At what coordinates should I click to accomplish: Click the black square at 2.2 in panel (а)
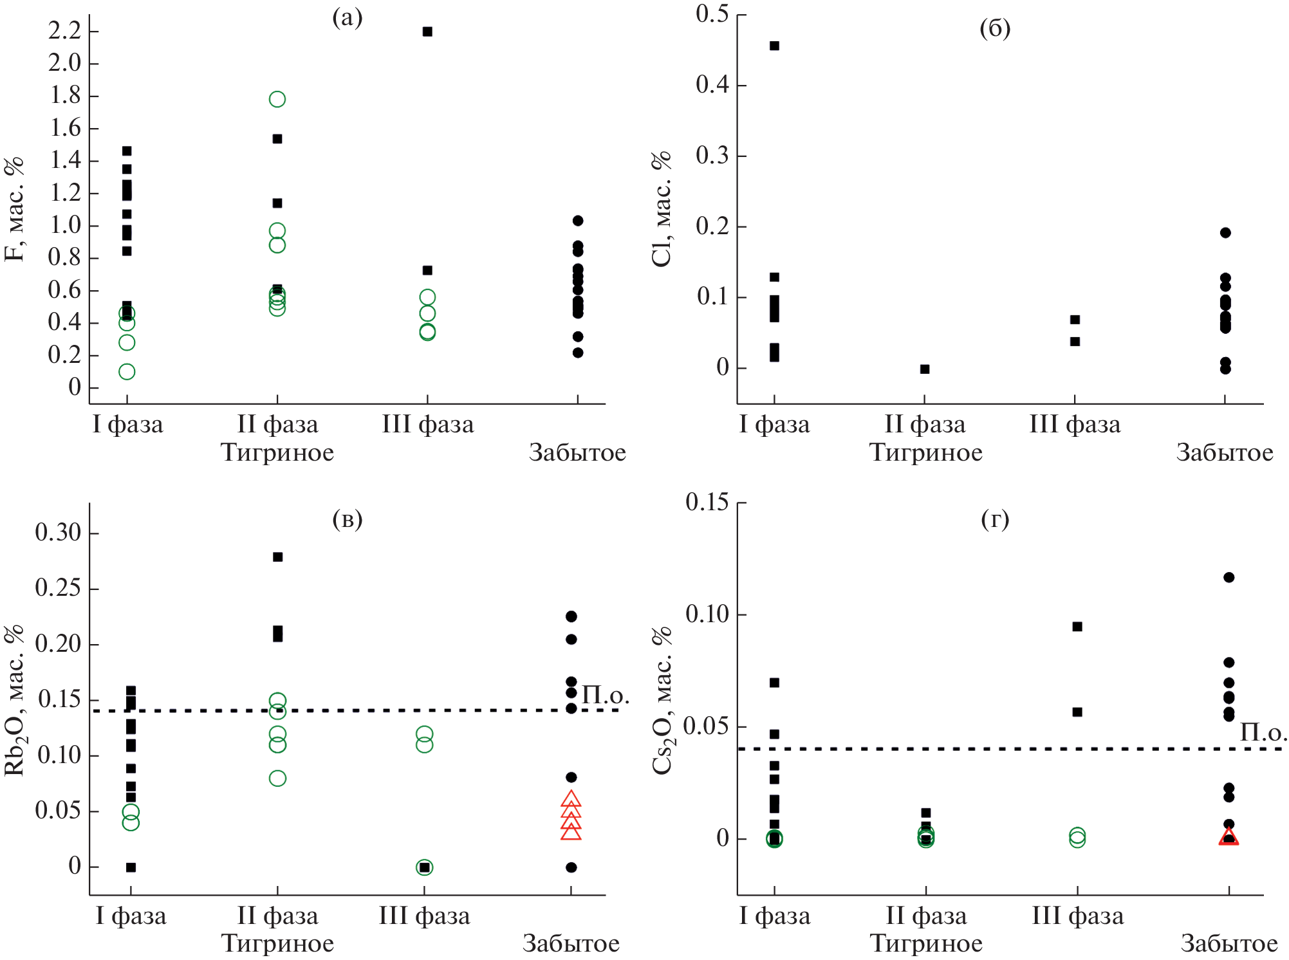[x=427, y=32]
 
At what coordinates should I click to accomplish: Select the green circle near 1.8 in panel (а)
[x=277, y=99]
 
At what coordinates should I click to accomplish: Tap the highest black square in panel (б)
[x=775, y=46]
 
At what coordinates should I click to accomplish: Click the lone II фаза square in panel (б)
[x=925, y=369]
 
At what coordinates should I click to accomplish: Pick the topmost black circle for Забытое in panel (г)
[x=1229, y=577]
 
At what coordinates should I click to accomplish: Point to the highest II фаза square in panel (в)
[x=278, y=557]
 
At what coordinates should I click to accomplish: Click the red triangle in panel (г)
[x=1229, y=836]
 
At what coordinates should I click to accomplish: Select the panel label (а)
[x=348, y=18]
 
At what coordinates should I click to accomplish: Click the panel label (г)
[x=995, y=519]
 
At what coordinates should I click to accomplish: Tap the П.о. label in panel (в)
[x=605, y=695]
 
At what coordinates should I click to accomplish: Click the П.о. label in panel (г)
[x=1263, y=732]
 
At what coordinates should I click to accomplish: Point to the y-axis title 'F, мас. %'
[x=14, y=209]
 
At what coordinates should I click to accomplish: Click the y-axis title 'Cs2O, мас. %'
[x=662, y=701]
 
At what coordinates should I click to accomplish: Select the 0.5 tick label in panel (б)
[x=712, y=14]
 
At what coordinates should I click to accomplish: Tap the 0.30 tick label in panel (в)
[x=58, y=533]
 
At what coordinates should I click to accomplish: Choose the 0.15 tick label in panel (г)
[x=707, y=502]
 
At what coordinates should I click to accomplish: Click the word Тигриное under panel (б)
[x=926, y=452]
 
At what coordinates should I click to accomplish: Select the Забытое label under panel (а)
[x=577, y=452]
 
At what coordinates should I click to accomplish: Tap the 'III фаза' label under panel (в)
[x=424, y=916]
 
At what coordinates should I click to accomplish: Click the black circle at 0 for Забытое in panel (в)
[x=571, y=867]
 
